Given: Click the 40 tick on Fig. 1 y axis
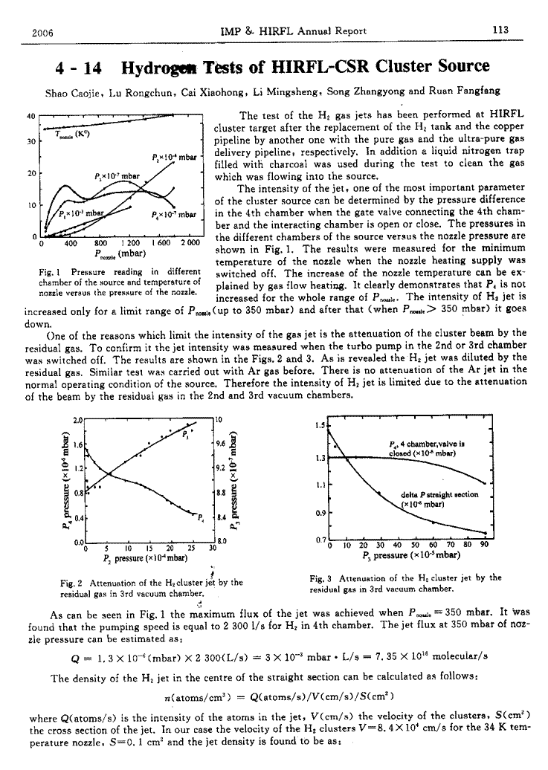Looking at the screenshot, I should point(30,116).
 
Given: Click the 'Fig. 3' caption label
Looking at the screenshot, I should point(321,577).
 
